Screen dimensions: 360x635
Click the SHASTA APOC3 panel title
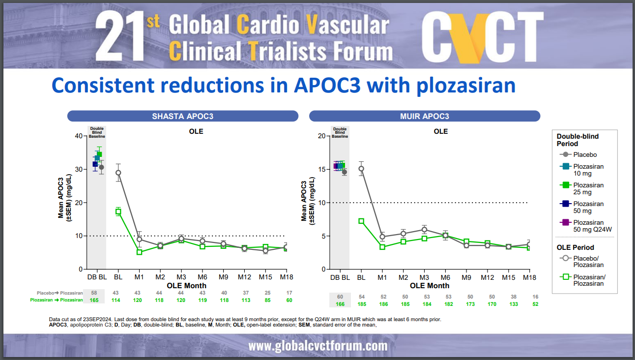(182, 117)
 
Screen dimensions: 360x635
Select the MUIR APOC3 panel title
(424, 117)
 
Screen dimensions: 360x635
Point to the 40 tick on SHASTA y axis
(78, 136)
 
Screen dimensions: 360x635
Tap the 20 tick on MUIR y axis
(321, 136)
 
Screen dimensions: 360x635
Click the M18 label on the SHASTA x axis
(287, 277)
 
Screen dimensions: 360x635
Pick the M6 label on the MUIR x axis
(445, 277)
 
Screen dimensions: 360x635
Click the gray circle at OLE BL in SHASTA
(118, 173)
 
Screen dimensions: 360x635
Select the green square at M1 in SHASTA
(139, 252)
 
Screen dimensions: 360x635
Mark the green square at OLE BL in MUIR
(361, 221)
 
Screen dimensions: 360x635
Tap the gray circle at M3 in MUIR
(424, 230)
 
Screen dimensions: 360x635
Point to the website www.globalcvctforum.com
(317, 346)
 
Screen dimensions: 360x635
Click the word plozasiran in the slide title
(466, 86)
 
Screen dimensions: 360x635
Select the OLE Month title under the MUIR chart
(430, 286)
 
